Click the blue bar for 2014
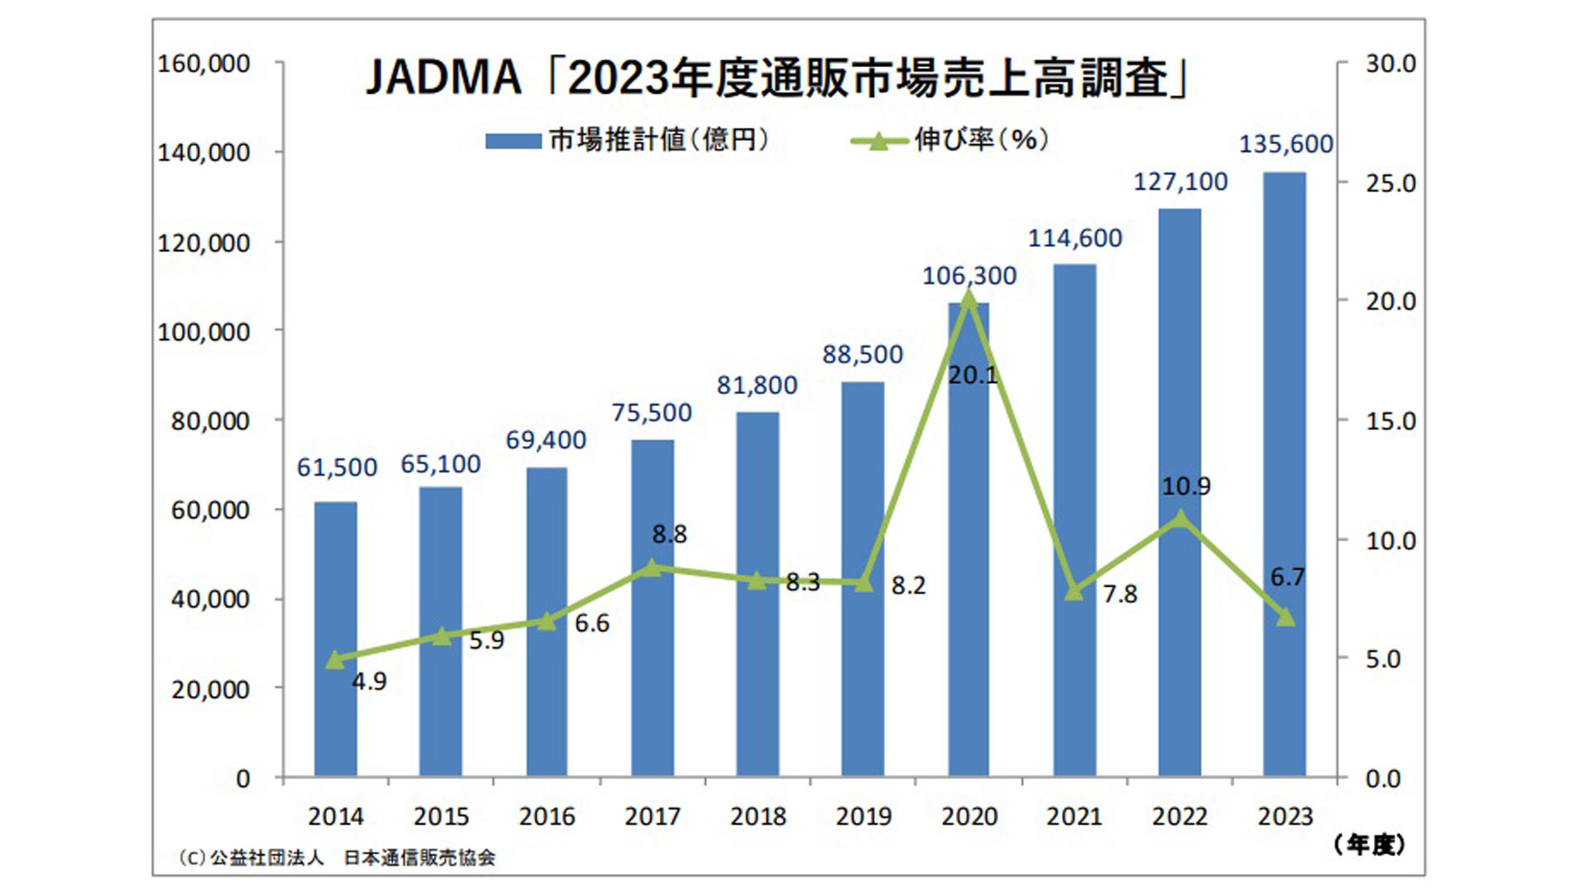point(336,638)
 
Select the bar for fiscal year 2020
point(968,539)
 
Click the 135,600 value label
point(1285,144)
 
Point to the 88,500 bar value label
point(862,355)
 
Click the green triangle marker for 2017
point(653,568)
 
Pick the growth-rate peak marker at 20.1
point(968,299)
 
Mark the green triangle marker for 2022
point(1180,520)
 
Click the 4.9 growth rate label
point(369,681)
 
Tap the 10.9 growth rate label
point(1186,486)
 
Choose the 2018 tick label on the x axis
point(758,817)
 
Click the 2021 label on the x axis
point(1074,817)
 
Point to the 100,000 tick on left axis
point(203,332)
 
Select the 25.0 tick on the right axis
point(1391,183)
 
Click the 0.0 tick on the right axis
point(1383,779)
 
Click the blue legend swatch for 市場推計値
point(513,142)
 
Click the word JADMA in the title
point(444,79)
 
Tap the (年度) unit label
point(1369,845)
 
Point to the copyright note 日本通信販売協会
point(420,859)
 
